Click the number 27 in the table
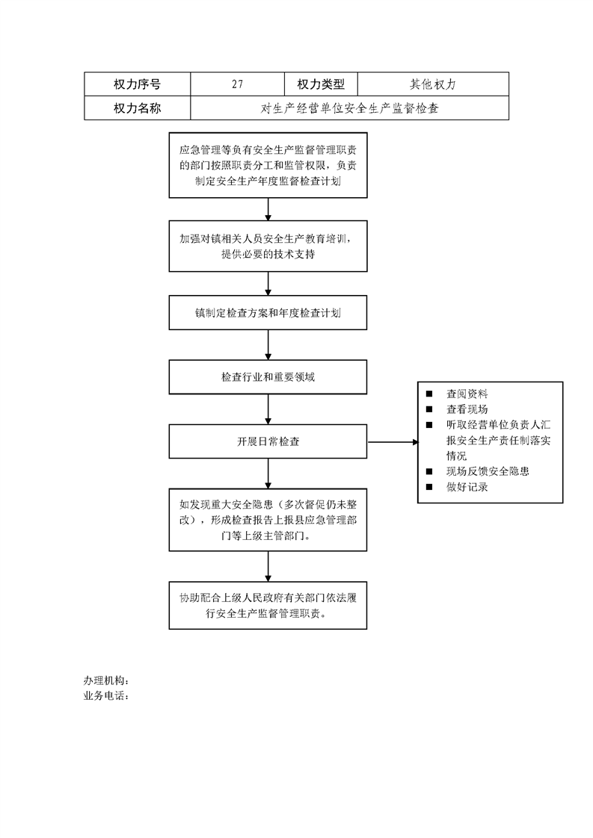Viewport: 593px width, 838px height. (238, 84)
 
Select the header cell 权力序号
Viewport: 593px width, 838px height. (137, 84)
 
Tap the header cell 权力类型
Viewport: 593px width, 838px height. (321, 84)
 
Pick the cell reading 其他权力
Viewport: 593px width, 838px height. (433, 84)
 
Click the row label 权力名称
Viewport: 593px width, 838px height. (137, 108)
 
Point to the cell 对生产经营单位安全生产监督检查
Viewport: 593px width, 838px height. (349, 108)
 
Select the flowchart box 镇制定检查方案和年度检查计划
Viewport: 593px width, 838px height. (268, 313)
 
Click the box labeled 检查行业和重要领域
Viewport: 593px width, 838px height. (268, 376)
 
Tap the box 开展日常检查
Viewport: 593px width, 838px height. (268, 441)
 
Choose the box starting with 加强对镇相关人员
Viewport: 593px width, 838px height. (268, 246)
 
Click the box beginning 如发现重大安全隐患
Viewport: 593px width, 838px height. (268, 520)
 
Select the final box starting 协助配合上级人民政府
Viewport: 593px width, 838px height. (268, 606)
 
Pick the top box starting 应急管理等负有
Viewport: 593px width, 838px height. (268, 165)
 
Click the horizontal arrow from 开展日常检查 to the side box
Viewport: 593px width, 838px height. (393, 442)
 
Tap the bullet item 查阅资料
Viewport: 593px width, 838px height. (467, 394)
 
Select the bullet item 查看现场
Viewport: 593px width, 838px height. (467, 409)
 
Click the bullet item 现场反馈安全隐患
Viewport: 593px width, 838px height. (488, 471)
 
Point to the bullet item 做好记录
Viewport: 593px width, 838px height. (467, 487)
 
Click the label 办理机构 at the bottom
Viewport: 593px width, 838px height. (106, 680)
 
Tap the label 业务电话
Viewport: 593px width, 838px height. (106, 696)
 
